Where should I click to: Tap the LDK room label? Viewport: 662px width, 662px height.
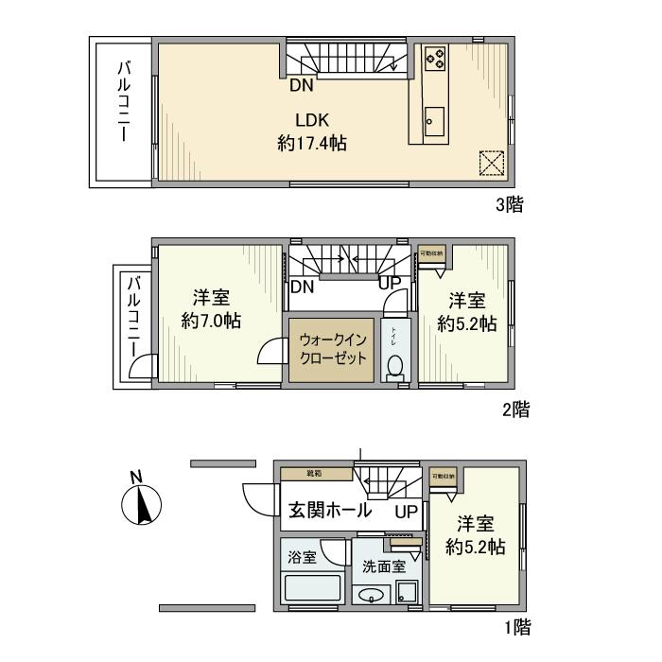point(311,121)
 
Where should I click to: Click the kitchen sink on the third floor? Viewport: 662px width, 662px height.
point(434,120)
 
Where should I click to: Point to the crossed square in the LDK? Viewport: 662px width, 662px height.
point(491,163)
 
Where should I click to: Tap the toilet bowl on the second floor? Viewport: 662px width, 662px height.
point(395,366)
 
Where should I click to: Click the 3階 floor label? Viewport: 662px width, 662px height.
point(508,202)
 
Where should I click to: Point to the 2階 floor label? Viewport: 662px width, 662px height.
point(515,409)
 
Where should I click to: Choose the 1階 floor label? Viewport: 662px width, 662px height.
point(516,625)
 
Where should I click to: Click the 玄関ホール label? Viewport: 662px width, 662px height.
point(328,512)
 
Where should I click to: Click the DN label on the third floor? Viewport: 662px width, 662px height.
point(302,85)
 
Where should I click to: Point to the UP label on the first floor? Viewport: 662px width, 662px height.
point(406,512)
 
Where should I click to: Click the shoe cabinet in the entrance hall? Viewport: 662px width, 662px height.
point(315,473)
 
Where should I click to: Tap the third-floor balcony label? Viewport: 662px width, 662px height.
point(124,102)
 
